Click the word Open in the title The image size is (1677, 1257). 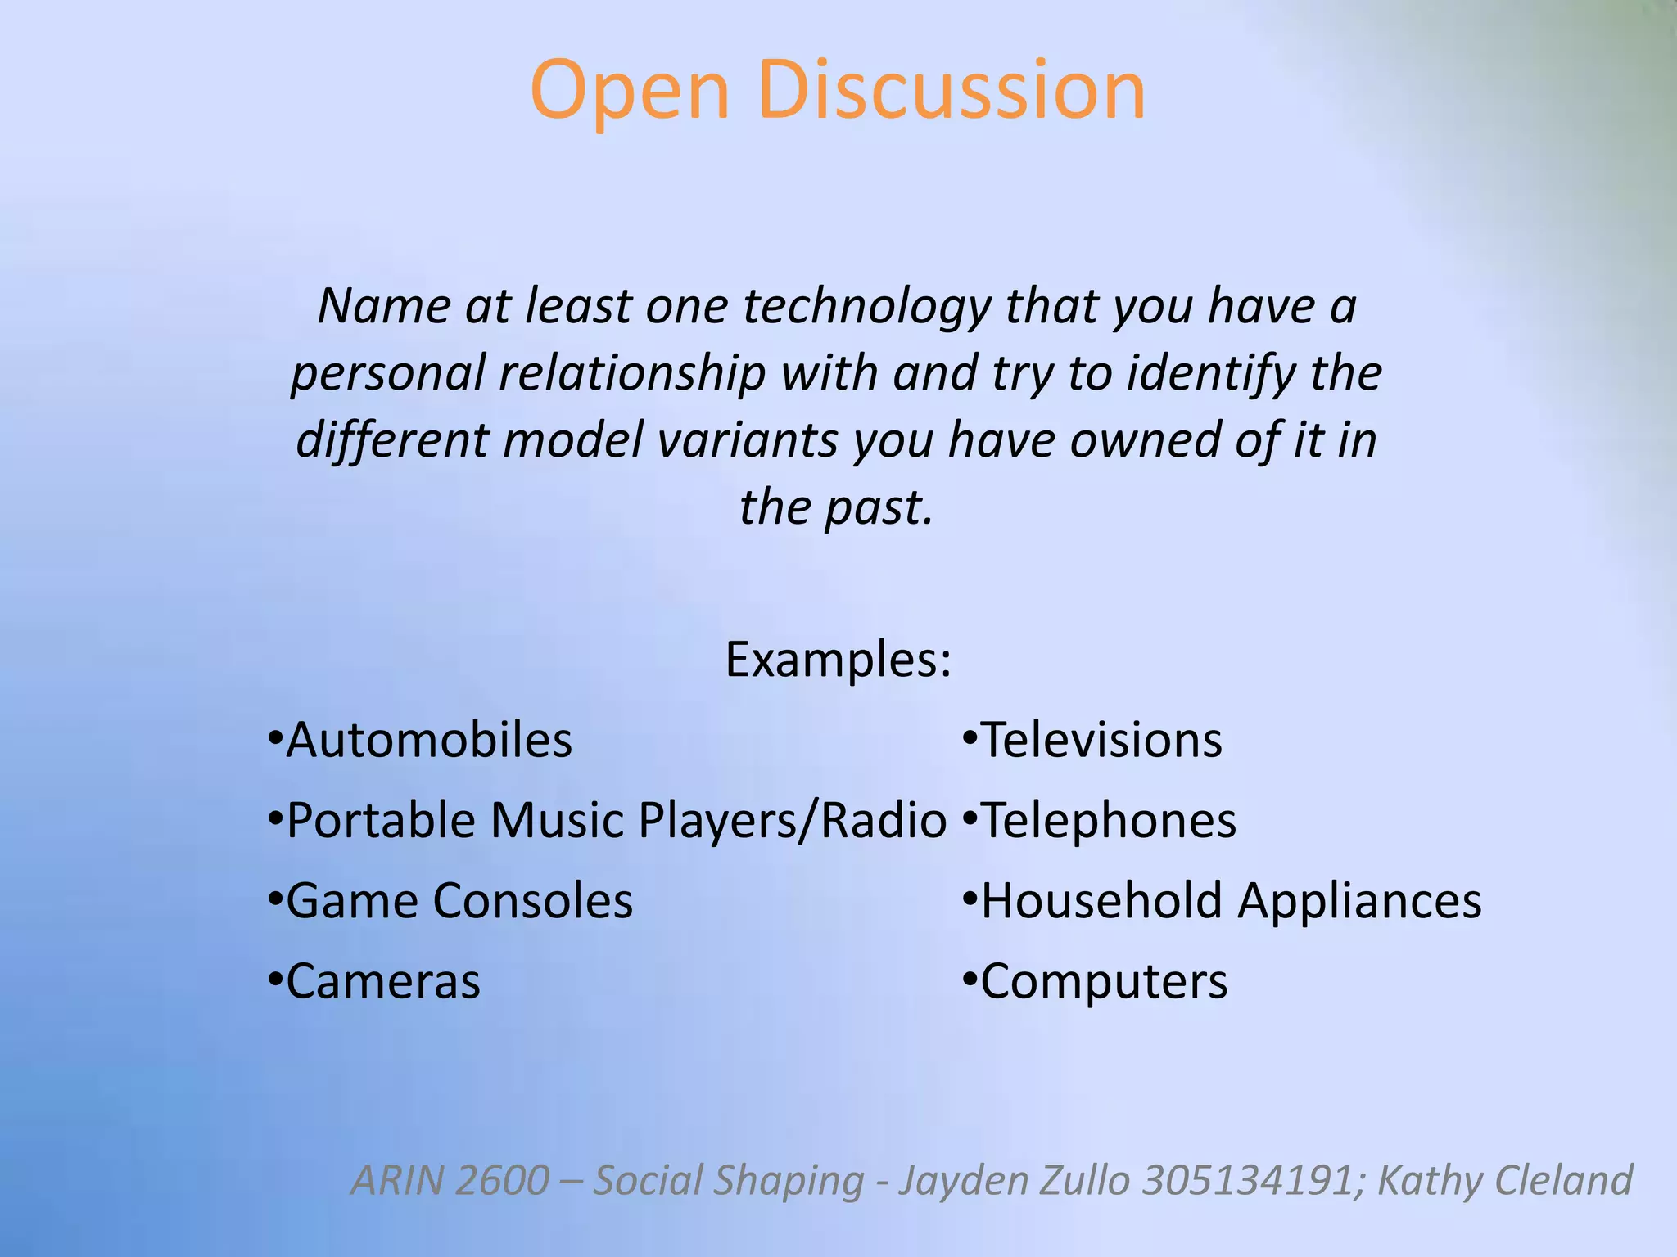(x=629, y=92)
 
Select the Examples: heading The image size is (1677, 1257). (x=838, y=660)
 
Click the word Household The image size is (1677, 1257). (x=1101, y=901)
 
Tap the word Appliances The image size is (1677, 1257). (x=1359, y=901)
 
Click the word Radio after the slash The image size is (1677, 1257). (x=884, y=821)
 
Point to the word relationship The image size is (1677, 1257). (x=631, y=374)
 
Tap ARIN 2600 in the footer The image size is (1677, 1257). (x=450, y=1180)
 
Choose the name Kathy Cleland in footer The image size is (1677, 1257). (x=1505, y=1180)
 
